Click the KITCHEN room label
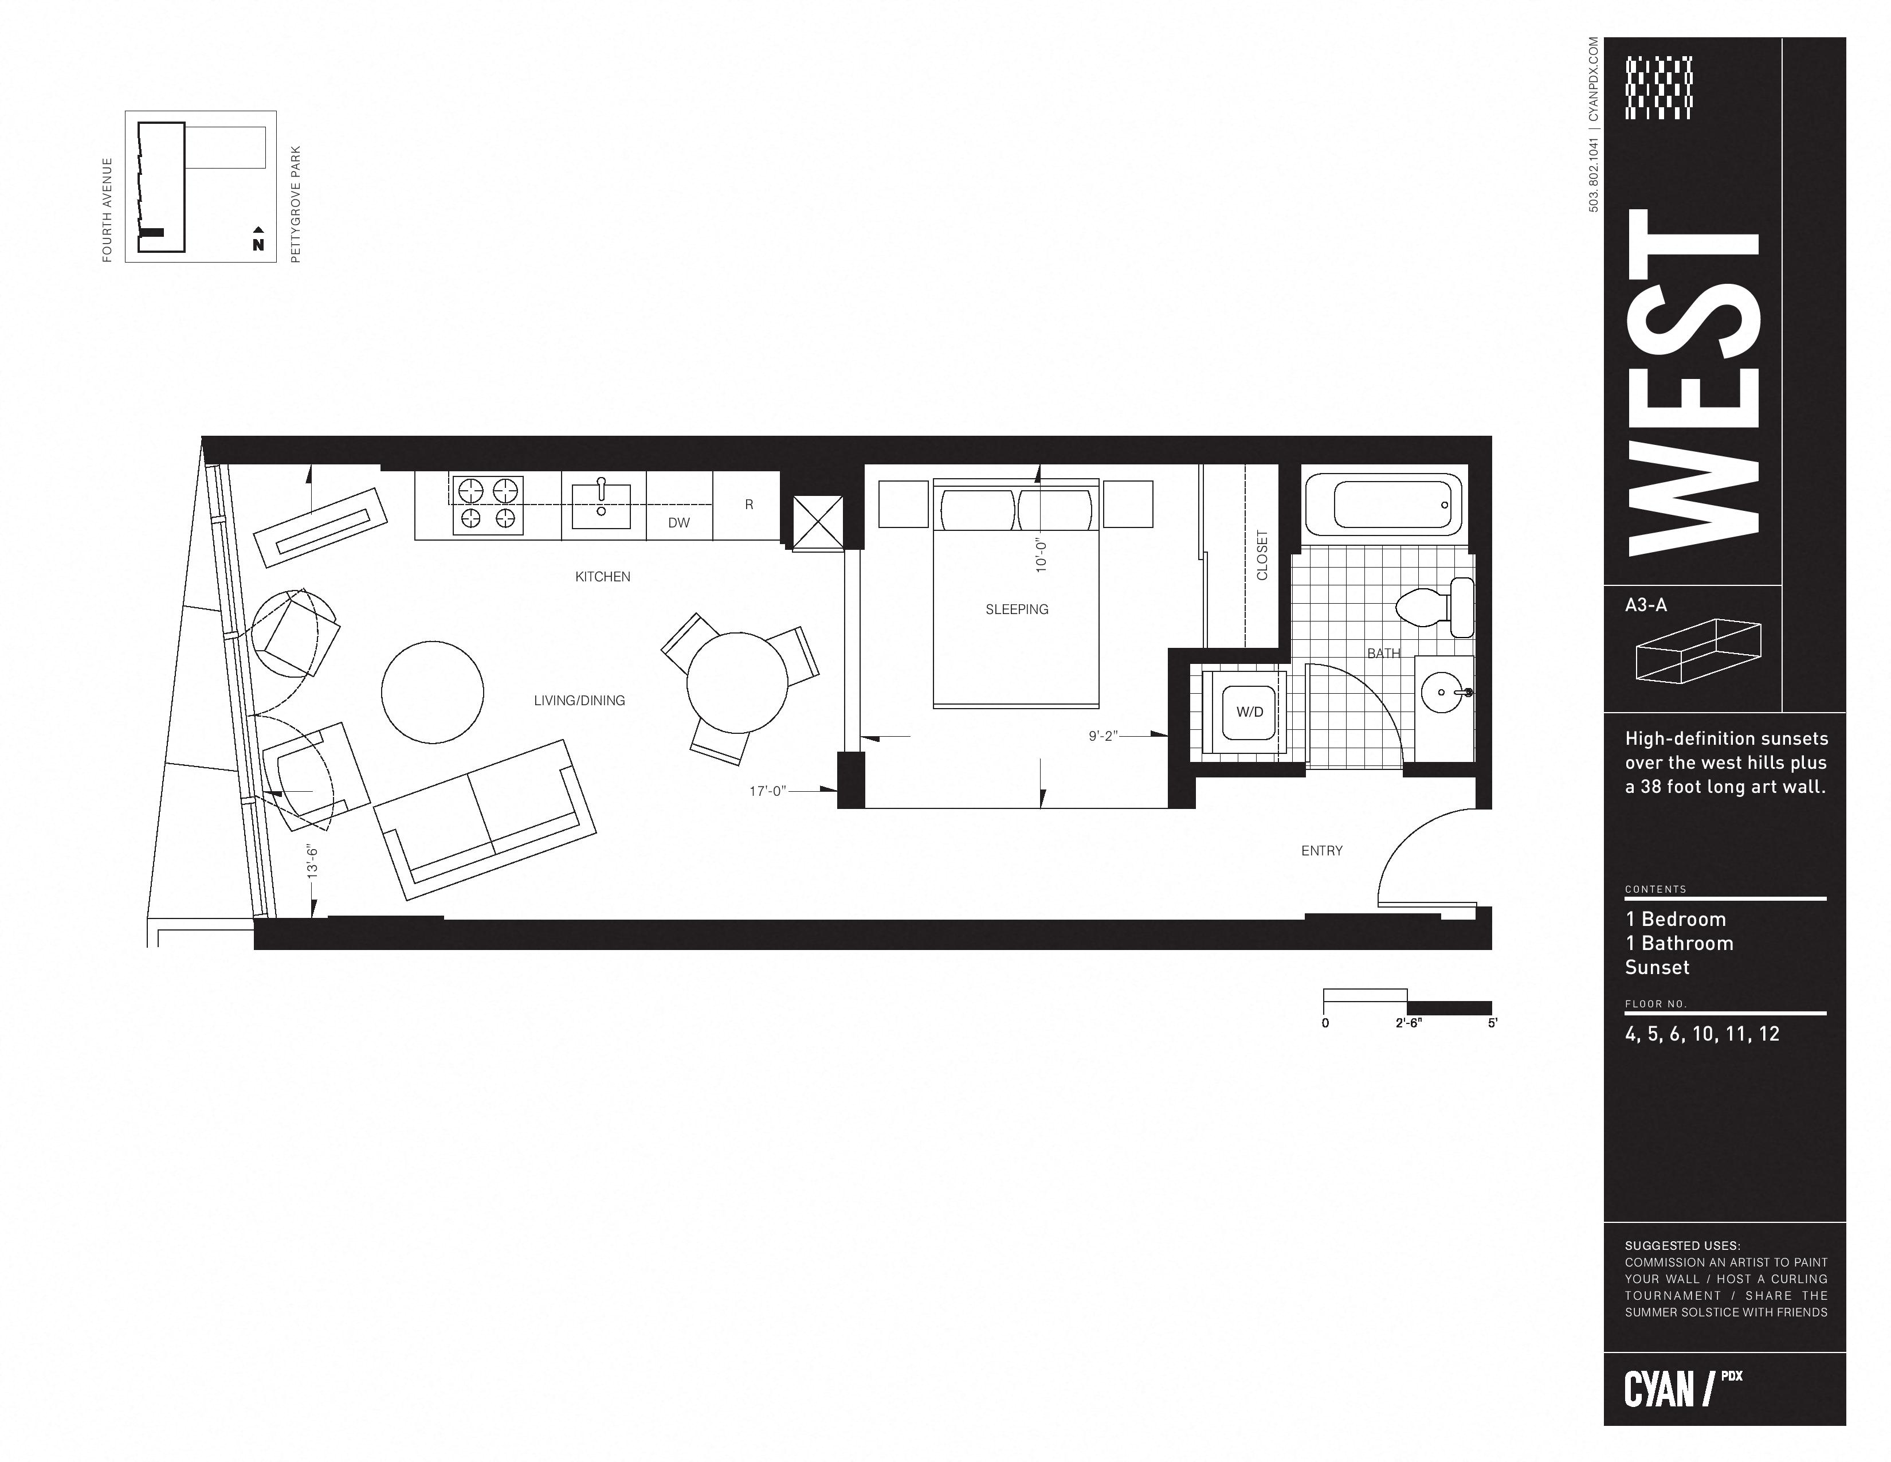[603, 577]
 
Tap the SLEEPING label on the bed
[1017, 610]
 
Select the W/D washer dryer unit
[1249, 713]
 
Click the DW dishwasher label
[679, 523]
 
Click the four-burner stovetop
[488, 505]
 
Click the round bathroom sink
[1442, 693]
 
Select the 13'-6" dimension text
[312, 861]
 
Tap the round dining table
[737, 683]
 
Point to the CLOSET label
[1262, 555]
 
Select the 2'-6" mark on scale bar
[1408, 1023]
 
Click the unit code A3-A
[1646, 605]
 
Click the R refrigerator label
[749, 505]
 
